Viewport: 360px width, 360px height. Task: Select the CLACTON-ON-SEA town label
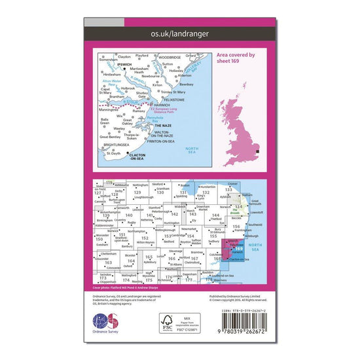point(137,157)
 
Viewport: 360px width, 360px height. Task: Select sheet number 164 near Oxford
point(132,261)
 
